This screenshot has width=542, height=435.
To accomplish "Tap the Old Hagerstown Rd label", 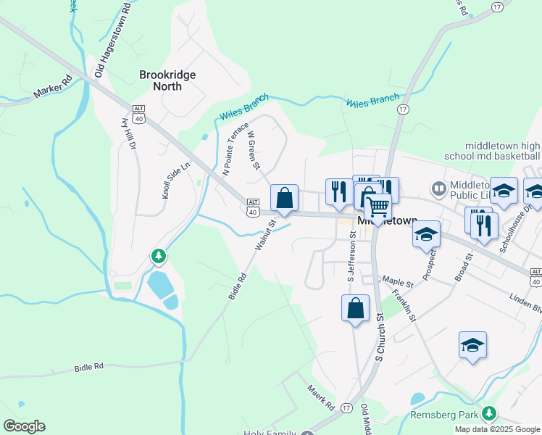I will [112, 40].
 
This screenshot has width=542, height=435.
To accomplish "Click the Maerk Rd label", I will [319, 396].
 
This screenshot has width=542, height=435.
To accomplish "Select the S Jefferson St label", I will [351, 257].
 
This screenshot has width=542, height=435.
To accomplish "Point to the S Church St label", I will [378, 337].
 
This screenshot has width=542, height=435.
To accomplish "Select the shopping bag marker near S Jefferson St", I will [355, 307].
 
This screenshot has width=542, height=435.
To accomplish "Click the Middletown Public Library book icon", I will [438, 189].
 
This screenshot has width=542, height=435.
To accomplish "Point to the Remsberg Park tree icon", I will [489, 414].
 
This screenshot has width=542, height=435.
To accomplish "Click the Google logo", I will [24, 426].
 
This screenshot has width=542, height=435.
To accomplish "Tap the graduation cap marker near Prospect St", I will [427, 234].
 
